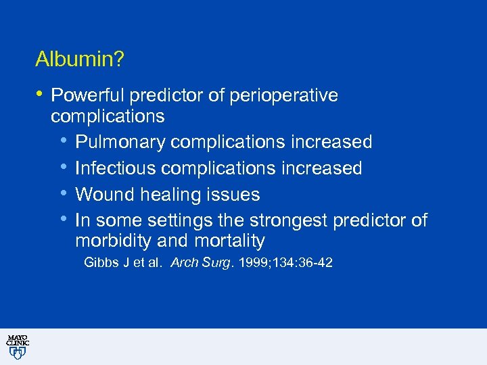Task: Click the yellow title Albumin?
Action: pos(79,59)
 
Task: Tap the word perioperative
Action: pos(283,96)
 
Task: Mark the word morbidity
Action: pos(116,241)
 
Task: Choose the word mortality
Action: pos(229,241)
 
